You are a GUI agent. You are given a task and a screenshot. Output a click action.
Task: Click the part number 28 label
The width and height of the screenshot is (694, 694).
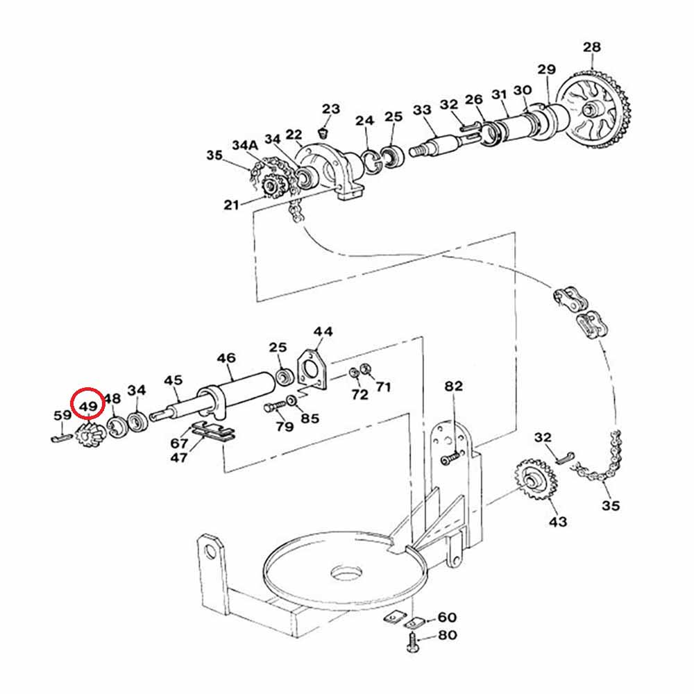592,47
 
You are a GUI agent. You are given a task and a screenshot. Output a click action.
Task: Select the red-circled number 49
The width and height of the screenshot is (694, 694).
88,406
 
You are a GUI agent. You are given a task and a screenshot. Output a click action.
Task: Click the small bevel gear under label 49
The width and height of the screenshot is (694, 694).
90,434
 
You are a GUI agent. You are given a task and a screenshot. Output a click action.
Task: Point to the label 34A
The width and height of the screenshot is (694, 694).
245,145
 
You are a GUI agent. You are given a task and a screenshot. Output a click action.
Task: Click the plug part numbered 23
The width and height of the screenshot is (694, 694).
323,133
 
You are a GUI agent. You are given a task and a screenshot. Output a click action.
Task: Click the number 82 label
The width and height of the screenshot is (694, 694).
454,387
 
